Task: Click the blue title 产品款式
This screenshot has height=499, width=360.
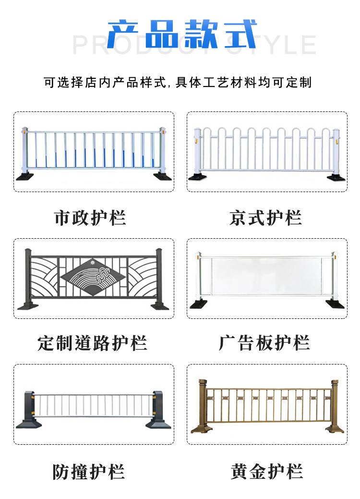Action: pyautogui.click(x=181, y=35)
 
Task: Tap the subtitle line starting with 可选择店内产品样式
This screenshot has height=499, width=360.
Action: pyautogui.click(x=178, y=83)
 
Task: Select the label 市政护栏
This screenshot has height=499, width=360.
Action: pyautogui.click(x=90, y=218)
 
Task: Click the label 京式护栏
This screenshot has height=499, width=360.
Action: pyautogui.click(x=265, y=218)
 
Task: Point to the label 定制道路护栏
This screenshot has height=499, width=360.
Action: pyautogui.click(x=92, y=343)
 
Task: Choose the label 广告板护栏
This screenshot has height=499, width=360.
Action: pyautogui.click(x=264, y=343)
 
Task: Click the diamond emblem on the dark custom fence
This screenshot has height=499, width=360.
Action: pyautogui.click(x=91, y=277)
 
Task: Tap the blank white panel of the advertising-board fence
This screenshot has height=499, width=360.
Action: pyautogui.click(x=267, y=277)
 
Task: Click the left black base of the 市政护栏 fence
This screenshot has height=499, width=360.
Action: pyautogui.click(x=24, y=176)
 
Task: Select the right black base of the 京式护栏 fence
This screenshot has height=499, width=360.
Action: pyautogui.click(x=336, y=178)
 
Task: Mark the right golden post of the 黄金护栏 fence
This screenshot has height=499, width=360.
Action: pyautogui.click(x=334, y=403)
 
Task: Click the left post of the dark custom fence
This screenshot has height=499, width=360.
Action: pyautogui.click(x=28, y=278)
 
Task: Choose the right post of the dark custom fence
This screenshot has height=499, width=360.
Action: pyautogui.click(x=159, y=278)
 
